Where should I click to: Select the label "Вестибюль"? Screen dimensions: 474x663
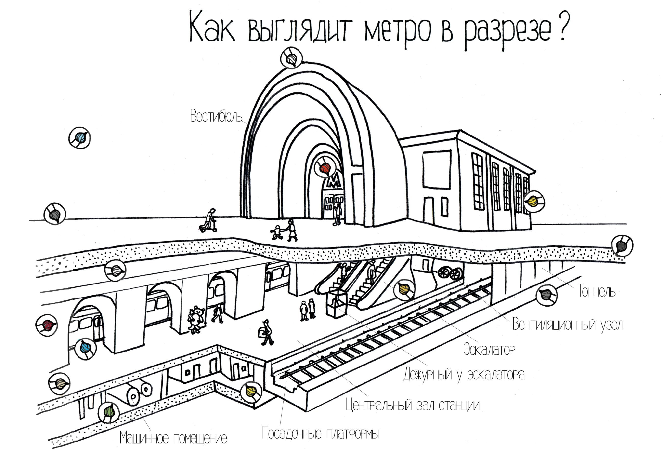click(x=216, y=116)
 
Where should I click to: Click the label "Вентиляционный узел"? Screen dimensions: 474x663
click(x=568, y=325)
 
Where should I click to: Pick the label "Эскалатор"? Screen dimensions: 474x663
click(x=489, y=349)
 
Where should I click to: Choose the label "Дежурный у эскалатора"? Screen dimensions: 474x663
click(x=464, y=375)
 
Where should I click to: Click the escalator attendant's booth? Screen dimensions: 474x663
click(x=336, y=304)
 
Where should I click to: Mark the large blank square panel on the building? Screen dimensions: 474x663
click(x=437, y=170)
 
